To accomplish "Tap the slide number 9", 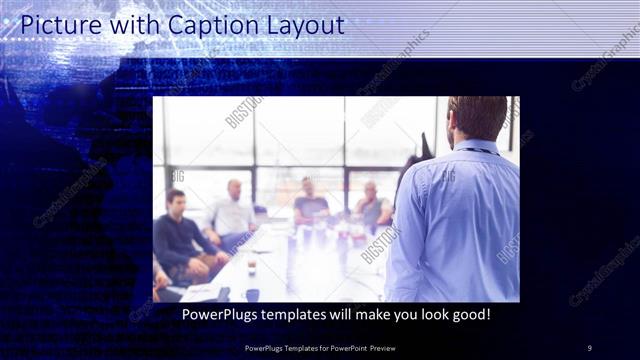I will click(x=589, y=348).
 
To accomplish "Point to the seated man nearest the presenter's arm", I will click(x=372, y=206).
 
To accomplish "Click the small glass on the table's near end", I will click(x=251, y=267).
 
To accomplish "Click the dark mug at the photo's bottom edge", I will click(x=252, y=294).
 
